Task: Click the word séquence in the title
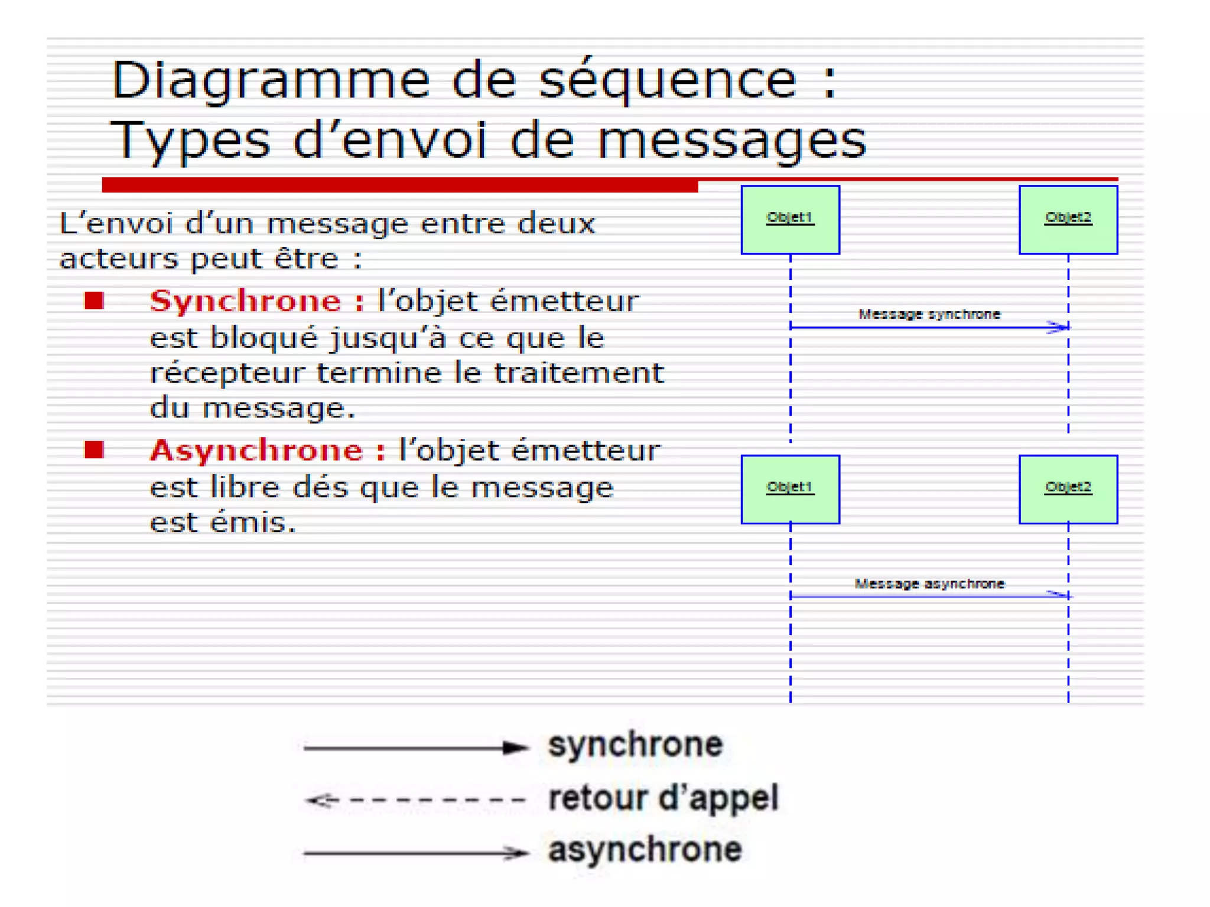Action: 668,81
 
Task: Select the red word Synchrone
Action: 245,301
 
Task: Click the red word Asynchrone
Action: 256,451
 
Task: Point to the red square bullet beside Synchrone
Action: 94,301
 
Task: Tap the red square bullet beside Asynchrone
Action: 94,450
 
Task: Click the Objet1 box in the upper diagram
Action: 790,220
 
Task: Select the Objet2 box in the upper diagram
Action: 1068,220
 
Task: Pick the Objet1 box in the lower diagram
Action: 790,489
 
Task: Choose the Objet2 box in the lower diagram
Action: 1068,489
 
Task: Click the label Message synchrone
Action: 929,314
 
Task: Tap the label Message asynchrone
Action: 929,584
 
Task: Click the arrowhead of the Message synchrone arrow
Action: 1059,327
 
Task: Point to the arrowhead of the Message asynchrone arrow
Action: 1059,595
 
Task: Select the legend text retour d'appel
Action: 663,798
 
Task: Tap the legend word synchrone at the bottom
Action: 635,745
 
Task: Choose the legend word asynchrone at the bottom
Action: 645,850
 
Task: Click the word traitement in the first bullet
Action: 578,373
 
